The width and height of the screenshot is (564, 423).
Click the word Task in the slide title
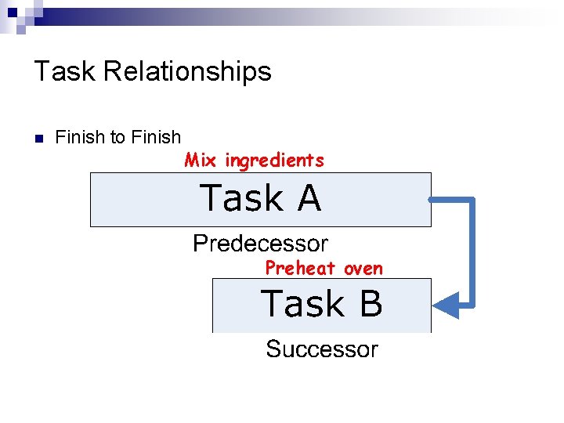(65, 71)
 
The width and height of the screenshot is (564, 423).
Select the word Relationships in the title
(187, 71)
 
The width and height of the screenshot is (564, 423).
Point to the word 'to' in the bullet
(117, 138)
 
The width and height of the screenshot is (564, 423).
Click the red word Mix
(201, 161)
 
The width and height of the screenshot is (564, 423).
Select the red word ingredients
(274, 161)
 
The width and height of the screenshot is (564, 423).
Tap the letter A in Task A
(309, 198)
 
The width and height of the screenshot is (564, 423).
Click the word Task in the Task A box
(242, 198)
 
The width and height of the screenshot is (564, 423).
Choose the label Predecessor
(260, 244)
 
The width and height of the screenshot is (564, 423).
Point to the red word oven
(363, 268)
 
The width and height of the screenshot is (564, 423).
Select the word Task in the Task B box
(302, 304)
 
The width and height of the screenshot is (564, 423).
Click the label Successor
(321, 349)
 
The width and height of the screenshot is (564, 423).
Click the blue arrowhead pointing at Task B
(446, 304)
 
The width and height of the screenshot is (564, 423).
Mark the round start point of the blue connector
(431, 201)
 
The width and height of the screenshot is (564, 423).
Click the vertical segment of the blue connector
(472, 251)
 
